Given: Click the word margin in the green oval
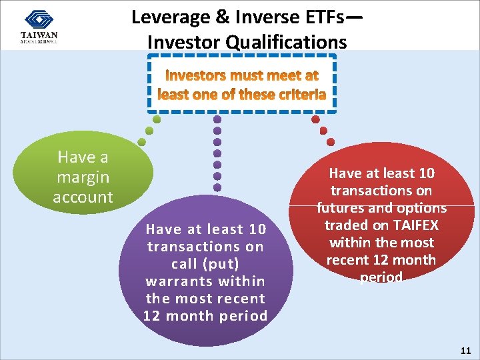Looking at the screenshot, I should point(83,177).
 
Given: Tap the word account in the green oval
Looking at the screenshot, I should point(83,197).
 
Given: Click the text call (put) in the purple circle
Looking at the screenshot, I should point(206,264).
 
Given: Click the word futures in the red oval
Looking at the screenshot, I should point(339,208).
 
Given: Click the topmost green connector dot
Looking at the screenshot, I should point(157,120).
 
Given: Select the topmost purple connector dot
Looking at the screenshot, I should point(217,119).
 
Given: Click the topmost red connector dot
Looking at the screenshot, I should point(315,120).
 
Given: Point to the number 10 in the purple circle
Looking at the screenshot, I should point(256,229).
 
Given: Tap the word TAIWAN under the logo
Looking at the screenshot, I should point(39,35).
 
